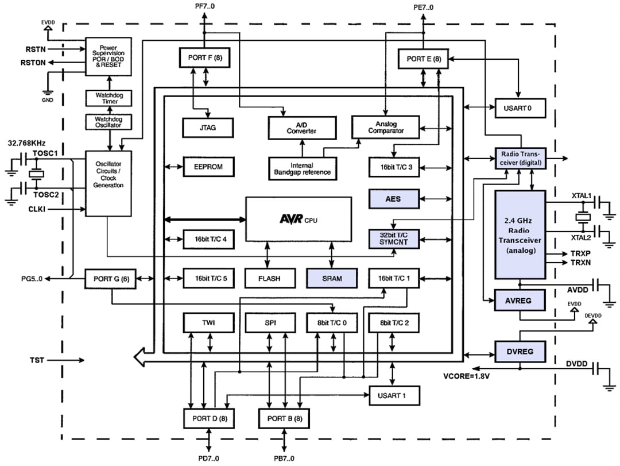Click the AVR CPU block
[x=299, y=219]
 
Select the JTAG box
[x=208, y=128]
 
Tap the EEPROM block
[x=208, y=167]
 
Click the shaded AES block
[x=393, y=199]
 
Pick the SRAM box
[x=331, y=278]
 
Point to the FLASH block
[x=270, y=278]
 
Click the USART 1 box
[x=394, y=395]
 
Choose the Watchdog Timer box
[x=110, y=98]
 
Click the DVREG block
[x=520, y=351]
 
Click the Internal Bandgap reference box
[x=302, y=168]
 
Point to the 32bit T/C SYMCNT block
[x=393, y=239]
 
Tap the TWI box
[x=208, y=323]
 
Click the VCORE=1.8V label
[x=466, y=377]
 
